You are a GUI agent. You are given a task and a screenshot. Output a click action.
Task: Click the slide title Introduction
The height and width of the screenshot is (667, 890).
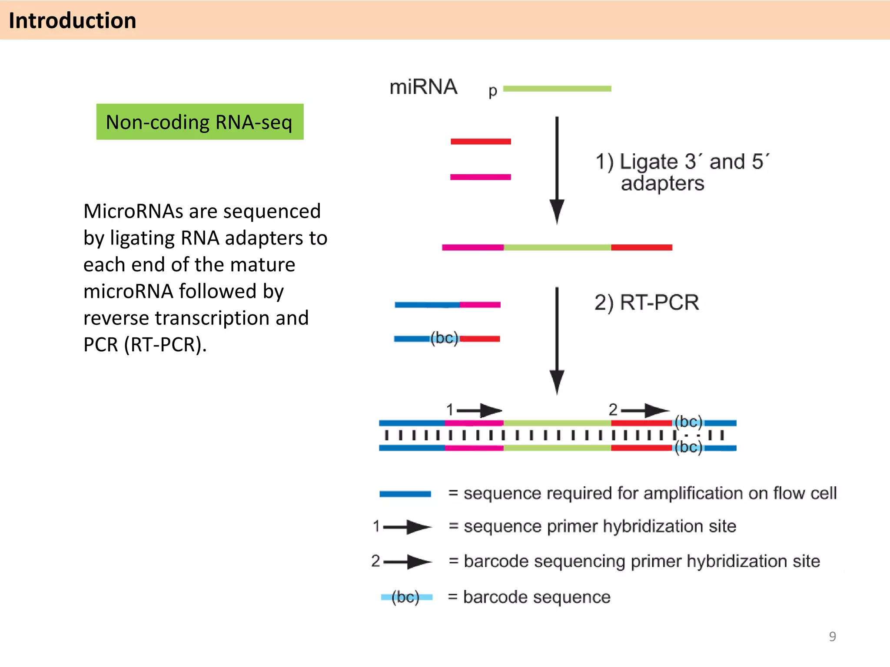click(73, 20)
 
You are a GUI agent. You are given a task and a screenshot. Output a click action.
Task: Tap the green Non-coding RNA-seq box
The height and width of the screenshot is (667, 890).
click(199, 122)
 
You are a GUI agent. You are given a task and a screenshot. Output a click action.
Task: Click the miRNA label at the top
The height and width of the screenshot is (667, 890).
click(423, 87)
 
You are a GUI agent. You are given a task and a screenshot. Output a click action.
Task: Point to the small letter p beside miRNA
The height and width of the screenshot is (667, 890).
click(492, 91)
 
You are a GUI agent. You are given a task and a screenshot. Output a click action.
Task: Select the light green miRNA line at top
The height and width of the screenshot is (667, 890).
click(557, 89)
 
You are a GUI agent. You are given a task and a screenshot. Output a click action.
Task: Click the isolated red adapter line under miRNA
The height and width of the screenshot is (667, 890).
click(481, 142)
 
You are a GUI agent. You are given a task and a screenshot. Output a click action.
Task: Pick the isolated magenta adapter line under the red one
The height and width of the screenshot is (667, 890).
click(481, 177)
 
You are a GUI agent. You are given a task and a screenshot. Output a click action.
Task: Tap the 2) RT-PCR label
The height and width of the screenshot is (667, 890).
click(647, 302)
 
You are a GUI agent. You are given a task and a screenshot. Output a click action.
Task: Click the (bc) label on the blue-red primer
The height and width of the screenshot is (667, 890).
click(444, 338)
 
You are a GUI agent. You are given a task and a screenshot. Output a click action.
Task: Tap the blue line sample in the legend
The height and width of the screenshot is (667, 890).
click(405, 494)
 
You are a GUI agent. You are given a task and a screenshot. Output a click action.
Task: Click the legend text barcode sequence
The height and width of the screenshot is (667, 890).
click(537, 597)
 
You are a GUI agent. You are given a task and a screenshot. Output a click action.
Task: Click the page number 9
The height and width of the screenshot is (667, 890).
click(832, 636)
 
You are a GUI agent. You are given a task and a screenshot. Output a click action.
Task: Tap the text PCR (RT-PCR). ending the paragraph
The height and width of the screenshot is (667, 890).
click(145, 345)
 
